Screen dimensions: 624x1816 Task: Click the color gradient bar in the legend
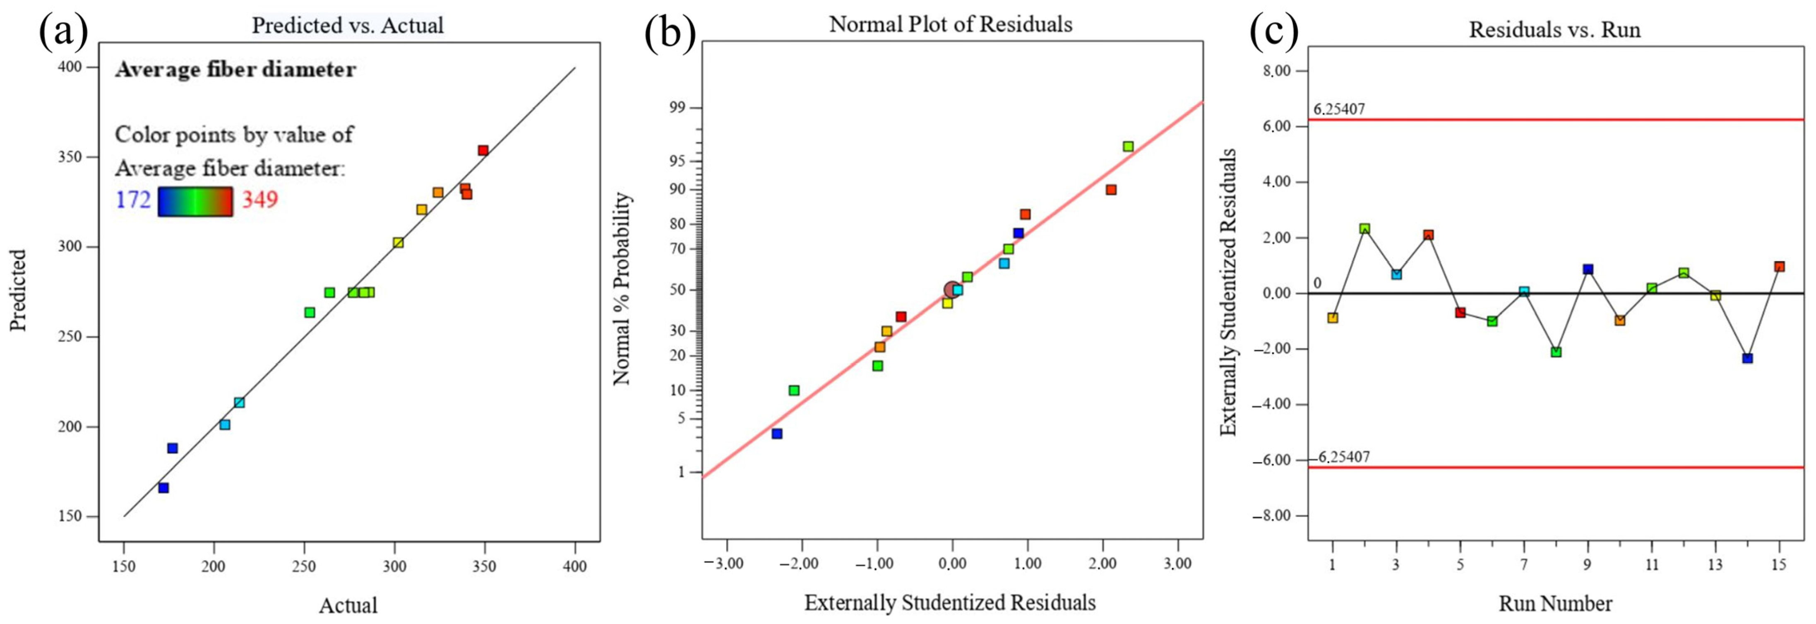[x=195, y=201]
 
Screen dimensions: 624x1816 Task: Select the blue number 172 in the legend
[x=133, y=200]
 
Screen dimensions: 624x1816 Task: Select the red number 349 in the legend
[x=260, y=200]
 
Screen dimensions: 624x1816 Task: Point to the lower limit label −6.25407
[x=1339, y=457]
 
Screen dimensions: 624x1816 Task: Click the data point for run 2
[x=1364, y=229]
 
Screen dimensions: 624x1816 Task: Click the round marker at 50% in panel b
[x=952, y=289]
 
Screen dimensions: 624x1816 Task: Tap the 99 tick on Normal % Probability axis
[x=674, y=108]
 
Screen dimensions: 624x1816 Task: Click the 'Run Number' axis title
[x=1554, y=604]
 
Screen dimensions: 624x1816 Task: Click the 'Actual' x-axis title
[x=348, y=605]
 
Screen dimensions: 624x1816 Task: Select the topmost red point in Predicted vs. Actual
[x=483, y=150]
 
